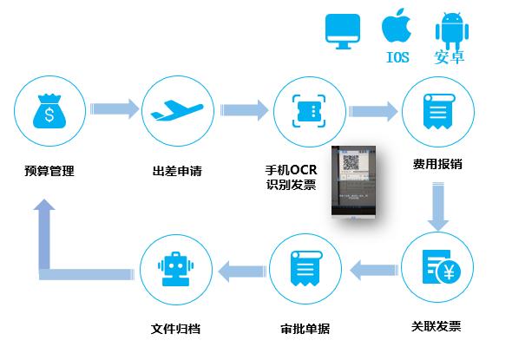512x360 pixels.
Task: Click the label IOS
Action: coord(397,58)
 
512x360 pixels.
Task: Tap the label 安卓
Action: coord(449,58)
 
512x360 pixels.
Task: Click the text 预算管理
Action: coord(49,171)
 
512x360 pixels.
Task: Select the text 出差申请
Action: coord(176,171)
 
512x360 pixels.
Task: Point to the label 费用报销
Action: coord(437,164)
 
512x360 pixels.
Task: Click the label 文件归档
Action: coord(175,330)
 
